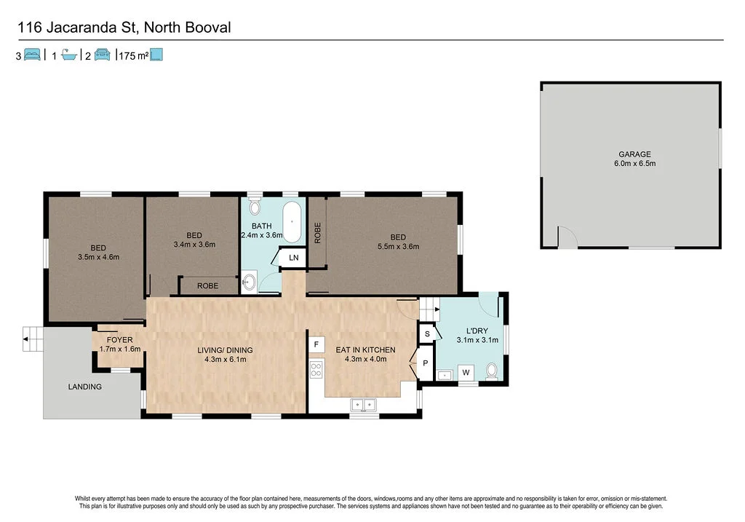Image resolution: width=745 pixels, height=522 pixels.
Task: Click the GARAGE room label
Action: pyautogui.click(x=634, y=154)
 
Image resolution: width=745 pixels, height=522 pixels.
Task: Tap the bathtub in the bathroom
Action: pyautogui.click(x=292, y=223)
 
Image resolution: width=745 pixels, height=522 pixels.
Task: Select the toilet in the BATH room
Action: pyautogui.click(x=254, y=205)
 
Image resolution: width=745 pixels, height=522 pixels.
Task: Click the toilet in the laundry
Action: pyautogui.click(x=492, y=371)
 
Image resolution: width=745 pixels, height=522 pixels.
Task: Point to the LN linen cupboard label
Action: pyautogui.click(x=293, y=258)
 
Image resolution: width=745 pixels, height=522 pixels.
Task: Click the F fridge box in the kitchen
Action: pyautogui.click(x=316, y=344)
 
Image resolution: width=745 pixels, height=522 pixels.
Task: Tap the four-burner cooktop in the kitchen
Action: pyautogui.click(x=316, y=370)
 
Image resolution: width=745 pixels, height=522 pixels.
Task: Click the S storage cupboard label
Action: pyautogui.click(x=427, y=334)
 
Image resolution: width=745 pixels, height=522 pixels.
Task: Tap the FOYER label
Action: pyautogui.click(x=119, y=340)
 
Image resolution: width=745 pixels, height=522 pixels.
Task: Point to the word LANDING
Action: pyautogui.click(x=85, y=387)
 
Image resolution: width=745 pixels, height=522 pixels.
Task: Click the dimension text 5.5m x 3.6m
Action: pyautogui.click(x=397, y=246)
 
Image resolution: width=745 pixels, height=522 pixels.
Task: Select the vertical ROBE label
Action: pyautogui.click(x=317, y=233)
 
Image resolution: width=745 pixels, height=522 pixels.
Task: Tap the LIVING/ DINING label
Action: pyautogui.click(x=226, y=350)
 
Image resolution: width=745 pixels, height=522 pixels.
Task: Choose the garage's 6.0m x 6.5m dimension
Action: pyautogui.click(x=634, y=164)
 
